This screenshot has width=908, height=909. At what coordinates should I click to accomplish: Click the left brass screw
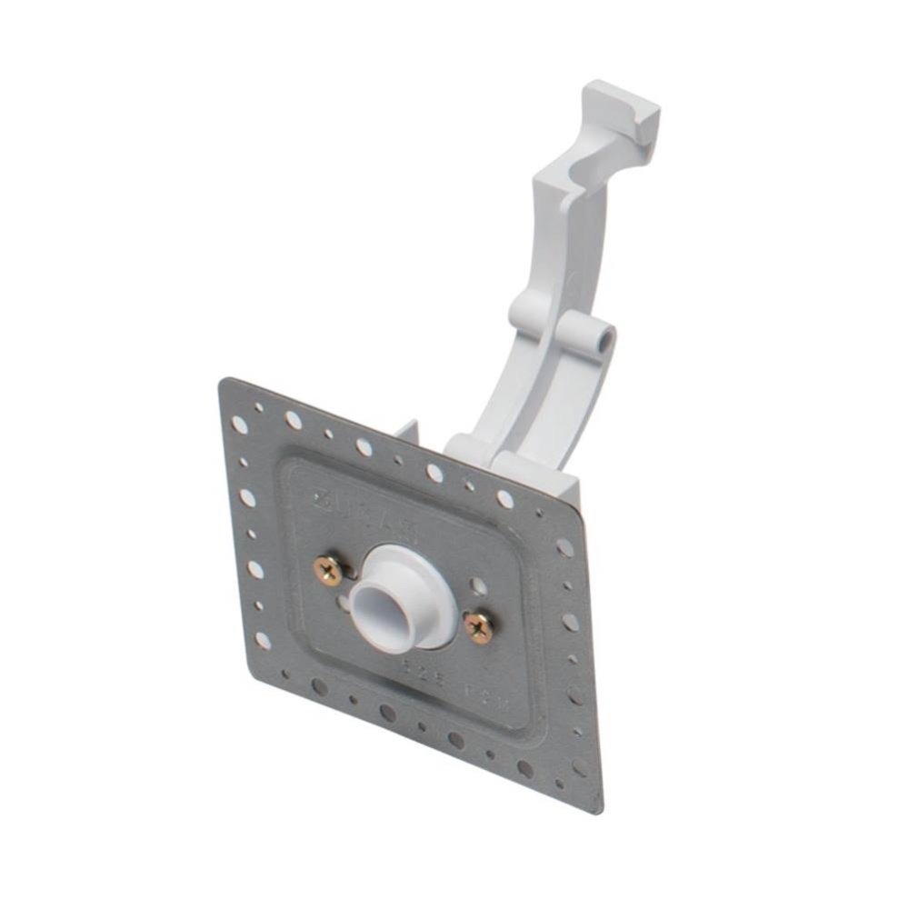point(327,571)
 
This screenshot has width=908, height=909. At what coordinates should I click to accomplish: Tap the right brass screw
point(478,625)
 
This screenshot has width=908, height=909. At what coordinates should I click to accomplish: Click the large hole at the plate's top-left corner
point(240,425)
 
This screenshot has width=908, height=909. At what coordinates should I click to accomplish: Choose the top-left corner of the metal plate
point(223,381)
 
